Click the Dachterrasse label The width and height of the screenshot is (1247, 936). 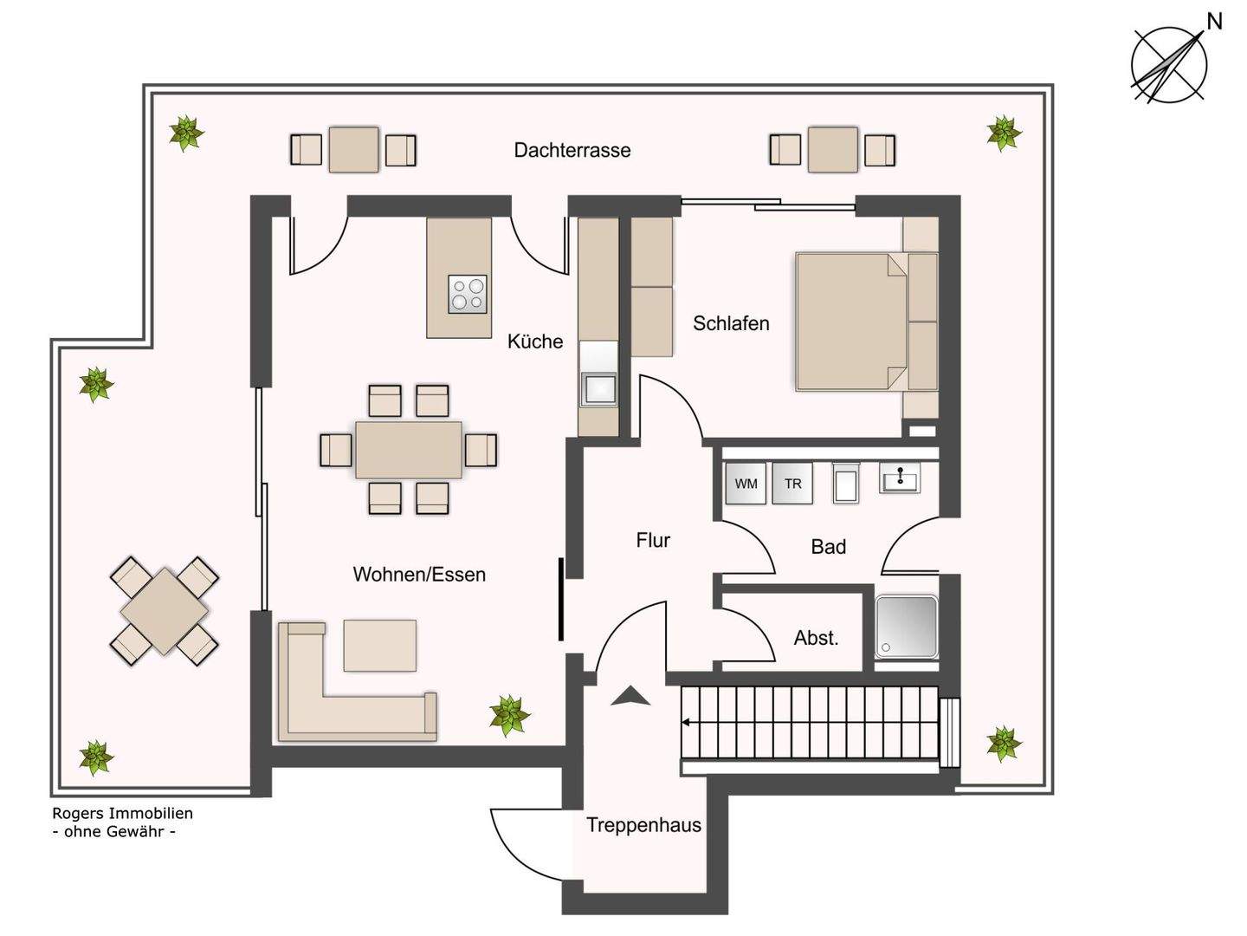(x=572, y=150)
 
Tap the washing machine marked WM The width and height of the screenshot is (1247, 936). (x=746, y=483)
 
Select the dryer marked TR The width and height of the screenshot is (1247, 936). (x=792, y=483)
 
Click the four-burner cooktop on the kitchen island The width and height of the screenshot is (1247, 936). (x=467, y=294)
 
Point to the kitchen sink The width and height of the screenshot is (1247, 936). (x=598, y=389)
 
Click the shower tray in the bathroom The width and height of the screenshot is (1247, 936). (x=906, y=627)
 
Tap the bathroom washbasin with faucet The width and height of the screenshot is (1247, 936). (x=900, y=478)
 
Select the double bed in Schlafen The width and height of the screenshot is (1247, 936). (x=851, y=322)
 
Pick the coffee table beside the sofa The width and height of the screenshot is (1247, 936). (x=379, y=645)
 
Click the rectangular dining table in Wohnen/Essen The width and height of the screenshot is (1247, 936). (x=409, y=450)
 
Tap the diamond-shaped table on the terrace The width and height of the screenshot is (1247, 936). (x=165, y=612)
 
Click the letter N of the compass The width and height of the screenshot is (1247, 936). (x=1214, y=23)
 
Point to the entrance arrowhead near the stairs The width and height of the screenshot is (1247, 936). (x=630, y=696)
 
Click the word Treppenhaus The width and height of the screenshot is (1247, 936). (x=643, y=824)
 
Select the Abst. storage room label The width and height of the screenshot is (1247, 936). (x=816, y=638)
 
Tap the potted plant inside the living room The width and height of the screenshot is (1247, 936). (x=509, y=715)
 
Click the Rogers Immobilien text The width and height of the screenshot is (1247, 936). (x=123, y=813)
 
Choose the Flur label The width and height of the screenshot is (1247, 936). (x=653, y=539)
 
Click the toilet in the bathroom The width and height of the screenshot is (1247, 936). (x=846, y=483)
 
